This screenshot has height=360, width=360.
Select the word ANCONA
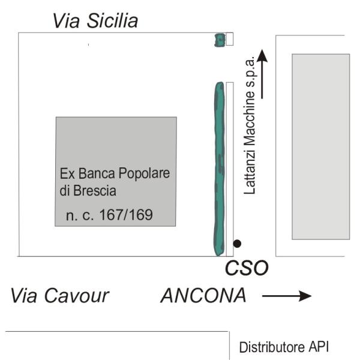pos(203,296)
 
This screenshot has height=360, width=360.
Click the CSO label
pos(245,268)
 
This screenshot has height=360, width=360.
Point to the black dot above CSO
pos(238,243)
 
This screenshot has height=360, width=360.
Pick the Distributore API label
pos(284,347)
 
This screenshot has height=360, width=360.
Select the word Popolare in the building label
pos(146,174)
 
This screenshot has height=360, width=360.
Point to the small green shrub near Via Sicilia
pos(220,40)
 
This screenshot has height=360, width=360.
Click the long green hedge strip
pos(219,168)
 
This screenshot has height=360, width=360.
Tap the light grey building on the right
pos(320,146)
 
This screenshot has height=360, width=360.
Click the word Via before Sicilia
pos(67,22)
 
